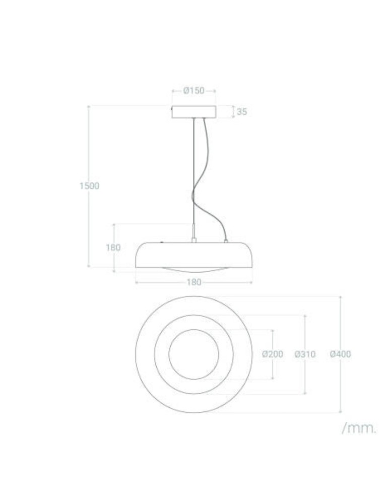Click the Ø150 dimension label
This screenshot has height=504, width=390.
194,91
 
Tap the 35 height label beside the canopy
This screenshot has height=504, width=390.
242,112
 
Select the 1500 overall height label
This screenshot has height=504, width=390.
89,185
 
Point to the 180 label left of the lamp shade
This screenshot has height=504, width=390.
113,247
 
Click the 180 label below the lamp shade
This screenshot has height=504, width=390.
194,282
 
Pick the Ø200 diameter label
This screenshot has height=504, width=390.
273,354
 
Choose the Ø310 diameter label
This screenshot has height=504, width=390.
305,354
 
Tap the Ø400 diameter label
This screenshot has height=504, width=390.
341,354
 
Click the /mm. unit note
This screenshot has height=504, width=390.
359,428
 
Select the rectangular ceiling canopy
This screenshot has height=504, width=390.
194,111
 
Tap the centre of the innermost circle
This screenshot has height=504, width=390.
194,354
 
